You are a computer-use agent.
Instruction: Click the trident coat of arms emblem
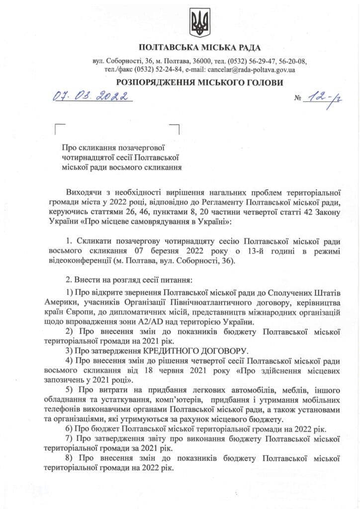point(200,22)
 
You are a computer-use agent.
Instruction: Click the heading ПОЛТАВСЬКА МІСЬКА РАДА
point(200,48)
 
